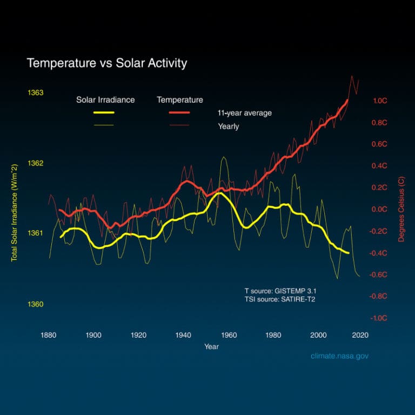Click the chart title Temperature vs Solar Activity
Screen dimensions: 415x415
pyautogui.click(x=106, y=63)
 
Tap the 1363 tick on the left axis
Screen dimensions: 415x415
pyautogui.click(x=35, y=93)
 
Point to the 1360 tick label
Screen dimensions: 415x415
pyautogui.click(x=35, y=304)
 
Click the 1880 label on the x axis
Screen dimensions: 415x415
pyautogui.click(x=49, y=335)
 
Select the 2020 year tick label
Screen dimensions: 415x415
pyautogui.click(x=360, y=335)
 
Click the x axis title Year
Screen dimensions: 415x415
pyautogui.click(x=211, y=346)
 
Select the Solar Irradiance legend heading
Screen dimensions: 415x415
pyautogui.click(x=105, y=100)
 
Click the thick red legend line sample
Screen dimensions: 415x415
pyautogui.click(x=180, y=113)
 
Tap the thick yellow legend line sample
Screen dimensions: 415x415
pyautogui.click(x=104, y=113)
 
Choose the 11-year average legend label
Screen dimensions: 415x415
pyautogui.click(x=244, y=113)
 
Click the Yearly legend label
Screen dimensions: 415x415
pyautogui.click(x=228, y=126)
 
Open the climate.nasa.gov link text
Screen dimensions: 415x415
pyautogui.click(x=339, y=356)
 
